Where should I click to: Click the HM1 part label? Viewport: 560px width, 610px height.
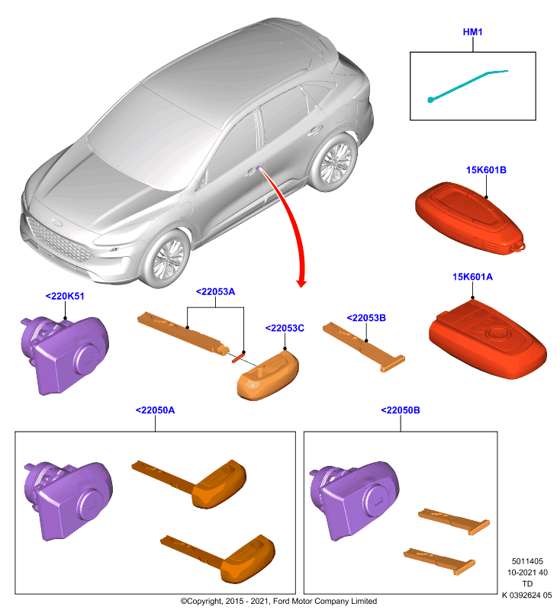point(472,32)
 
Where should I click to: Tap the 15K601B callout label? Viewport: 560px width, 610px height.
point(486,170)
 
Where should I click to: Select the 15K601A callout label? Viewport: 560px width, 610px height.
point(472,277)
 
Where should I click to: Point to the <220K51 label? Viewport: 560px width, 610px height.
point(65,296)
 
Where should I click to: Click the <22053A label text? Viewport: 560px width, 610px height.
point(215,292)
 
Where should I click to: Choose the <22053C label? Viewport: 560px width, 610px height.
point(285,328)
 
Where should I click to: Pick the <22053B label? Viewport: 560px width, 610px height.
point(366,318)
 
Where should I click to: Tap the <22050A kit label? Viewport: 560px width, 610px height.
point(155,410)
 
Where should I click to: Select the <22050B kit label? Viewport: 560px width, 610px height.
point(401,410)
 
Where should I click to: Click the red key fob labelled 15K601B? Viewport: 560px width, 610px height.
point(469,218)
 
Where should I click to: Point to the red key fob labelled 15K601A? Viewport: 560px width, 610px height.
point(488,339)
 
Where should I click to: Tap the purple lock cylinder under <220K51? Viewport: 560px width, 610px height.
point(65,355)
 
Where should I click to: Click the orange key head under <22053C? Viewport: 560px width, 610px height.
point(268,375)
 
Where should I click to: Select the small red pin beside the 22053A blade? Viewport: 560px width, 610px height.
point(238,357)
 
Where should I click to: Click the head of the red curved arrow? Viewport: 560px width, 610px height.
point(301,283)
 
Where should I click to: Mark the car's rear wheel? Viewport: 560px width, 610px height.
point(334,162)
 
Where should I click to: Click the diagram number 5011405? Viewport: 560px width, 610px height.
point(527,561)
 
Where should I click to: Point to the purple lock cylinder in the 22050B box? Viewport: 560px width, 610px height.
point(354,500)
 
